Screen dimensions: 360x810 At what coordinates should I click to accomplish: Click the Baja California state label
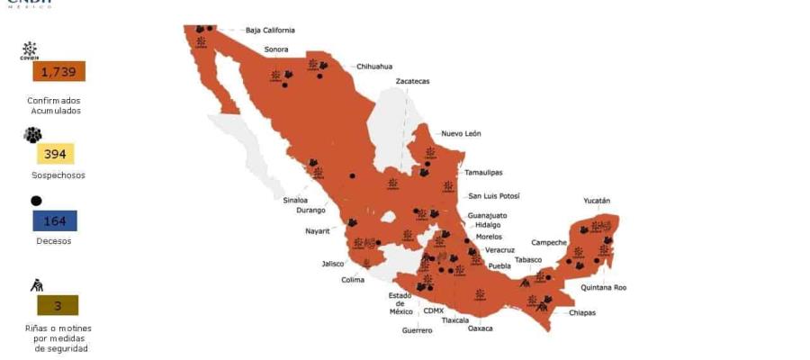coord(270,31)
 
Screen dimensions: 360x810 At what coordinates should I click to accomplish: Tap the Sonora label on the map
coord(275,49)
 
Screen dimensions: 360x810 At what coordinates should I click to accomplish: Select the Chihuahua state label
coord(374,67)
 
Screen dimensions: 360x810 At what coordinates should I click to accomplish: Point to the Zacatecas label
coord(412,82)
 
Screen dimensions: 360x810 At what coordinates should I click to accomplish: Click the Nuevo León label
coord(461,134)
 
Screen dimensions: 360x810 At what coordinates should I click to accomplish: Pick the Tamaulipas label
coord(483,172)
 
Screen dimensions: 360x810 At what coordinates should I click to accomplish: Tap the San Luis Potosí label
coord(493,196)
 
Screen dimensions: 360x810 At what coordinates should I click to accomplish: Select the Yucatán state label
coord(596,201)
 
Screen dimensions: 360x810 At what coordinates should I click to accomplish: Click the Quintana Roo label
coord(603,288)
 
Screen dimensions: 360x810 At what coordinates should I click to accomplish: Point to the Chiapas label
coord(581,313)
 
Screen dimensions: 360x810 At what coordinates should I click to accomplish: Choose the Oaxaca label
coord(480,328)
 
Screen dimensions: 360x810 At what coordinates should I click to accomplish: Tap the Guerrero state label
coord(417,330)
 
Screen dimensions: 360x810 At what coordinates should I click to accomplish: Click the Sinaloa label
coord(295,200)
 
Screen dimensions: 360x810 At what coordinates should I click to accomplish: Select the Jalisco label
coord(333,264)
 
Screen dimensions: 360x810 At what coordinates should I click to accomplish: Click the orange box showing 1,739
coord(58,72)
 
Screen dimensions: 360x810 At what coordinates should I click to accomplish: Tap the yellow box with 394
coord(55,154)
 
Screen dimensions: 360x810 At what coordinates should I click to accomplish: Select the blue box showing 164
coord(55,221)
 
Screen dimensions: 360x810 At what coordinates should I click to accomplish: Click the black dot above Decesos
coord(36,201)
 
